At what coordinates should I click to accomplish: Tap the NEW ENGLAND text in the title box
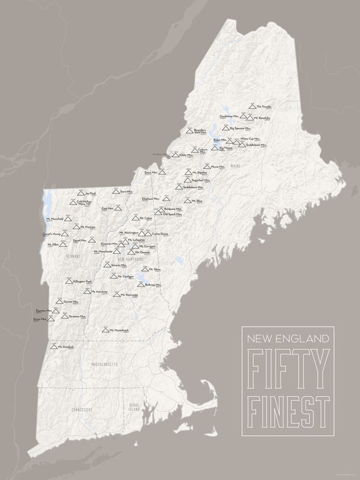(x=286, y=339)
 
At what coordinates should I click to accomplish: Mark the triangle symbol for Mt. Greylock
(x=54, y=346)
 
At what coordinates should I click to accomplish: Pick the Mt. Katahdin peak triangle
(x=251, y=117)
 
